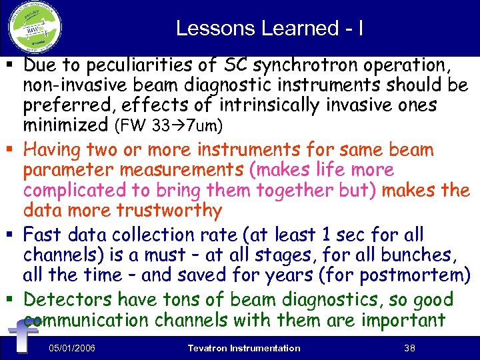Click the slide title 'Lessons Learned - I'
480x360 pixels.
coord(269,28)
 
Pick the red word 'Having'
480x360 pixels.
coord(55,150)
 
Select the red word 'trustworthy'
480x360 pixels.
coord(169,210)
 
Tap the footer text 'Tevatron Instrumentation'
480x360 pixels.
coord(244,348)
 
